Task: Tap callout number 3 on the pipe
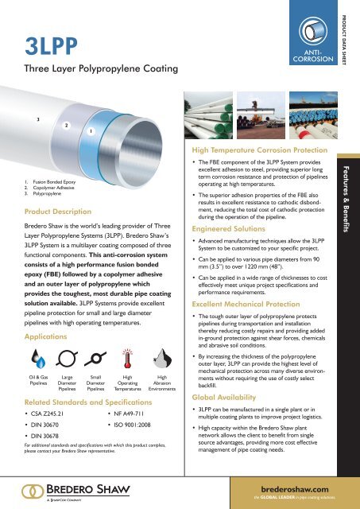tap(28, 119)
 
